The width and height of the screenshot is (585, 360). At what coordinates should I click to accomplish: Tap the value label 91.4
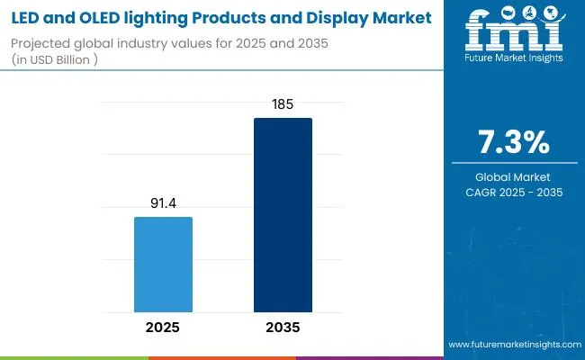[x=163, y=205]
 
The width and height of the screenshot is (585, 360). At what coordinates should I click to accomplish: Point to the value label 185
[x=283, y=106]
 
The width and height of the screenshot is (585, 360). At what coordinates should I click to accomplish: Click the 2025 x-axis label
[x=163, y=327]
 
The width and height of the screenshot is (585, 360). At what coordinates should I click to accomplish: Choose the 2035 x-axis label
[x=283, y=327]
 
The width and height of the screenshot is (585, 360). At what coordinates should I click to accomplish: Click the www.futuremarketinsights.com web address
[x=514, y=345]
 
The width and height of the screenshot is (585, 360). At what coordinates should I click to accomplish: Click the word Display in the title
[x=339, y=17]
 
